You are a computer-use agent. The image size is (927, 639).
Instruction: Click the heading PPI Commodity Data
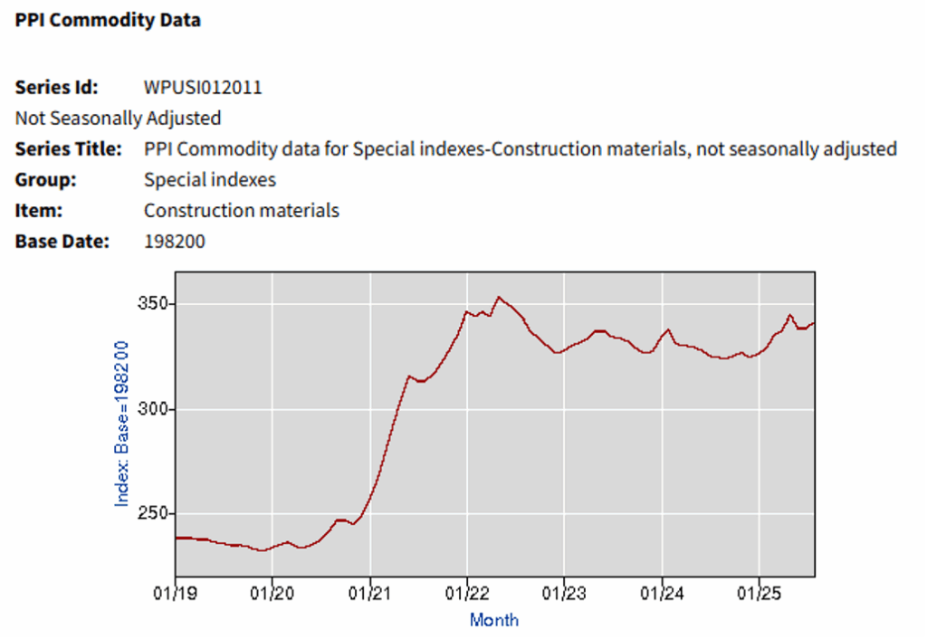click(x=108, y=20)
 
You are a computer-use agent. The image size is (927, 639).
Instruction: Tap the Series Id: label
click(x=56, y=88)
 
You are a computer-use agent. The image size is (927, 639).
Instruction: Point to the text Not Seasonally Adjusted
click(x=118, y=118)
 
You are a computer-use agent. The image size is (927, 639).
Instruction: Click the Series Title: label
click(x=68, y=148)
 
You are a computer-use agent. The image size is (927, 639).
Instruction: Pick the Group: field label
click(x=45, y=179)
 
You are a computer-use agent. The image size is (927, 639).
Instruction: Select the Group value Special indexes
click(x=209, y=179)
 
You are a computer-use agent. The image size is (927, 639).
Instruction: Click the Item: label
click(x=40, y=210)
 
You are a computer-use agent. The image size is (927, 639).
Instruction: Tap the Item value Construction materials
click(x=242, y=210)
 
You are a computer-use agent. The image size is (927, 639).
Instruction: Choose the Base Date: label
click(x=62, y=241)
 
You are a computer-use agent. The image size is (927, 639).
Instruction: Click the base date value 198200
click(x=175, y=241)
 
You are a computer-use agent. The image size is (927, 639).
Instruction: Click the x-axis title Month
click(x=494, y=620)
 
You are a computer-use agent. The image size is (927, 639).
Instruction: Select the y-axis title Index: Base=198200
click(x=122, y=423)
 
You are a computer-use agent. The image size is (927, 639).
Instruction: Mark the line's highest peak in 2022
click(x=498, y=296)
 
